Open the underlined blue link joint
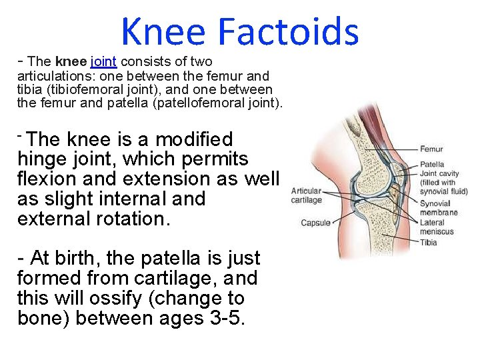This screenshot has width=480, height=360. [103, 62]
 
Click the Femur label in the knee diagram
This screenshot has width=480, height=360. [431, 149]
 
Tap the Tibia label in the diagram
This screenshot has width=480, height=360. [429, 242]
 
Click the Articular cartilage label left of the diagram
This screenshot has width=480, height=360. [307, 195]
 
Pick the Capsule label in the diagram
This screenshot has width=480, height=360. [315, 223]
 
